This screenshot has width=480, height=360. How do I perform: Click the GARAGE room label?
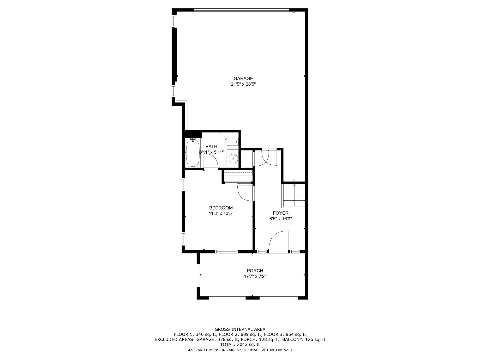(243, 79)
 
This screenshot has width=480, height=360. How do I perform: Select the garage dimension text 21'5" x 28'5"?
(243, 84)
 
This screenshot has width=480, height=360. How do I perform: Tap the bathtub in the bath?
(193, 153)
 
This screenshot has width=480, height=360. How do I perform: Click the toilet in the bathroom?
(231, 142)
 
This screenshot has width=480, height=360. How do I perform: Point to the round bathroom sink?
(233, 158)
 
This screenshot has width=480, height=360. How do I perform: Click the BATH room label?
(211, 146)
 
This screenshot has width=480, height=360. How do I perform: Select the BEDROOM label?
(221, 208)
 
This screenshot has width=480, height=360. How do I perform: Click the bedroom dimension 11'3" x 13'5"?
(221, 213)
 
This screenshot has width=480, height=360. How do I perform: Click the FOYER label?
(280, 213)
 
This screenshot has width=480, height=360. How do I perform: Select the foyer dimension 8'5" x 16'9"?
(280, 219)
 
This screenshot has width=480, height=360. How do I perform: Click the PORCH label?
(255, 271)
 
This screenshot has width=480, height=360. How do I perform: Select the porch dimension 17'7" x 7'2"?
(255, 276)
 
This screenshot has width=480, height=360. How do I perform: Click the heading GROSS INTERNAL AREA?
(240, 329)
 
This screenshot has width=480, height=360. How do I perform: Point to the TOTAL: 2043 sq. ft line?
(240, 345)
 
